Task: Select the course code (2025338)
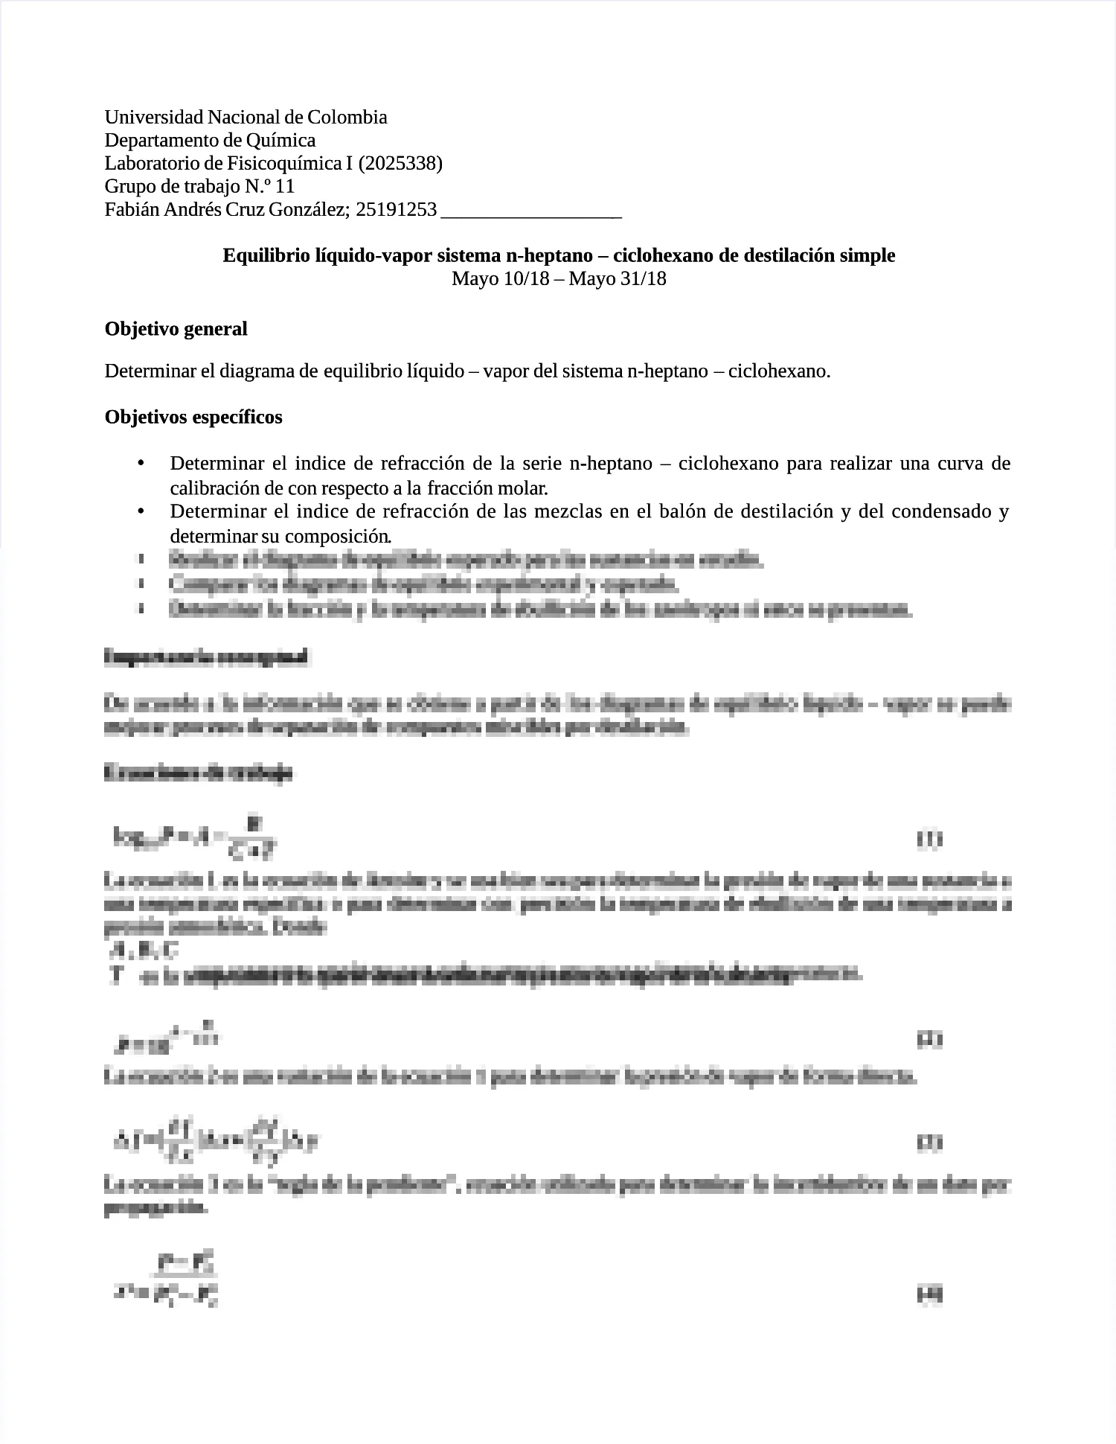click(x=400, y=164)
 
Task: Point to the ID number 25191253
click(x=397, y=210)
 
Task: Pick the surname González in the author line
click(x=307, y=210)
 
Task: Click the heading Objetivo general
click(x=176, y=329)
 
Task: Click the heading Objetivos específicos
click(x=193, y=417)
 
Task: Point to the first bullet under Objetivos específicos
click(x=141, y=464)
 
